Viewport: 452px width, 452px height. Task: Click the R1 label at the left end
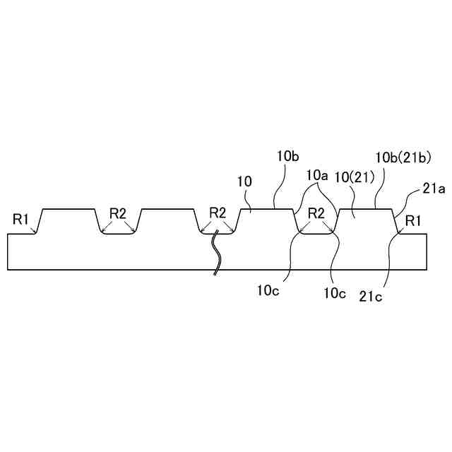(x=20, y=219)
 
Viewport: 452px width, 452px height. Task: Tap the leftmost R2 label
(x=117, y=213)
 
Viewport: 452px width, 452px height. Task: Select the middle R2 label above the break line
(x=218, y=213)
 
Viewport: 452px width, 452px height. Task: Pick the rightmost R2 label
(x=316, y=213)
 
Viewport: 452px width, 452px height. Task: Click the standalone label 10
(x=244, y=182)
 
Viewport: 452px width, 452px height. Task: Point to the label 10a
(x=316, y=174)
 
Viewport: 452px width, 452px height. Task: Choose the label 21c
(x=370, y=297)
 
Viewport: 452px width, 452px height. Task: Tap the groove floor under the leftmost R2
(x=118, y=233)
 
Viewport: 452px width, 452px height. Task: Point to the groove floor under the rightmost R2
(x=316, y=233)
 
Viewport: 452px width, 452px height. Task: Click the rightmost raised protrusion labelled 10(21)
(x=366, y=221)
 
